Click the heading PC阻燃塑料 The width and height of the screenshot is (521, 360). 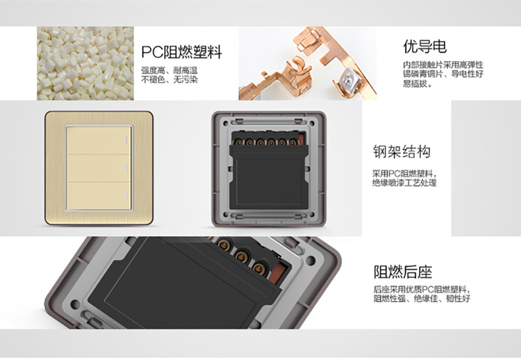(x=181, y=52)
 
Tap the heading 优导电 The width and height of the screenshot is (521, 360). (x=424, y=47)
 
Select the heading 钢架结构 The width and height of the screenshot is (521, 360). (x=402, y=152)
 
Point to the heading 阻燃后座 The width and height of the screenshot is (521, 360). (x=403, y=272)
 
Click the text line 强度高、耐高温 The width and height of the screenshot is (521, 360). (x=169, y=70)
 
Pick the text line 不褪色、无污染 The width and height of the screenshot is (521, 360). (x=169, y=80)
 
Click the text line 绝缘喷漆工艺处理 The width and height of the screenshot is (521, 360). (x=404, y=183)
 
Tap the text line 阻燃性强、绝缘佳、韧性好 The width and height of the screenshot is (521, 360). (x=422, y=299)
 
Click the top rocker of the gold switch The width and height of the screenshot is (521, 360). (x=99, y=140)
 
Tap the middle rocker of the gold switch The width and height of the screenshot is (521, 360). (x=99, y=168)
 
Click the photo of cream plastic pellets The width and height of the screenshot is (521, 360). (x=85, y=63)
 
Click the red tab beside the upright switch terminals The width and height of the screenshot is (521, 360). (x=301, y=138)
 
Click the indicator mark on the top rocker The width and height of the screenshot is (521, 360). (x=126, y=140)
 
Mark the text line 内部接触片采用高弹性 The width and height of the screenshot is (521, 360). (x=443, y=65)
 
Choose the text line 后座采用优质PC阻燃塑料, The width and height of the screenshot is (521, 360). (x=422, y=289)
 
